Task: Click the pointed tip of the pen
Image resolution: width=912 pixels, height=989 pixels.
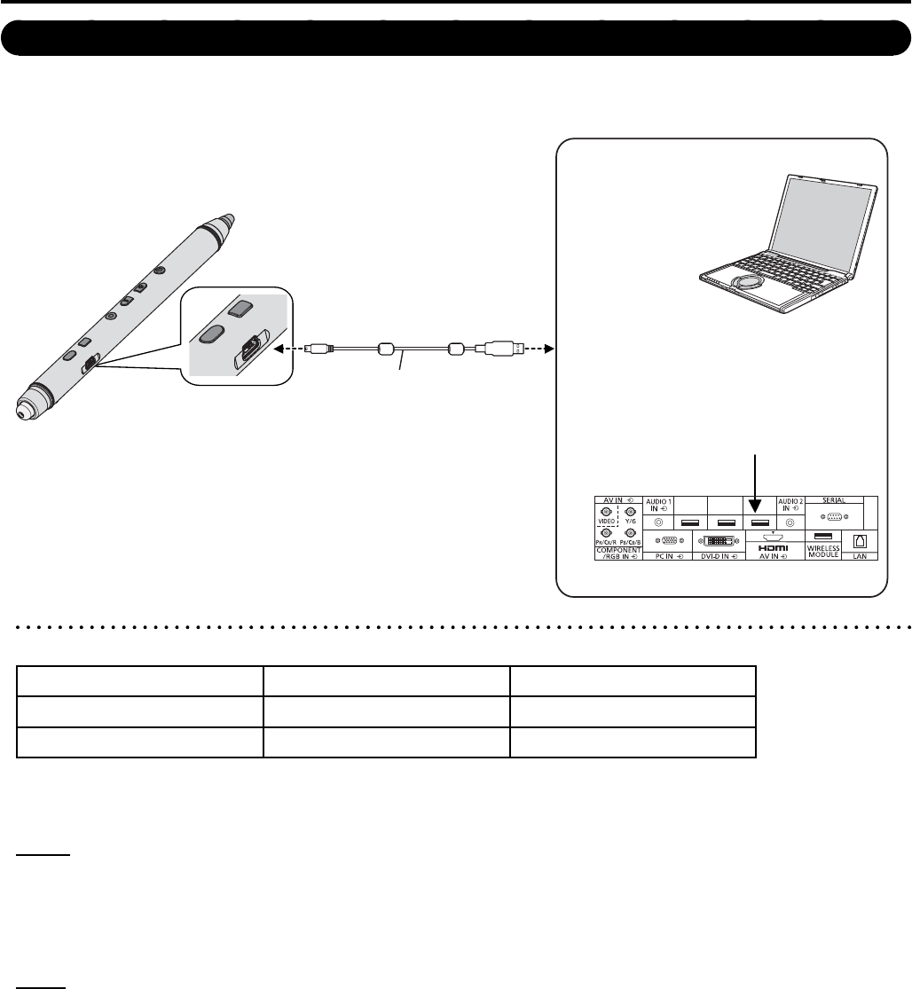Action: pyautogui.click(x=228, y=217)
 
